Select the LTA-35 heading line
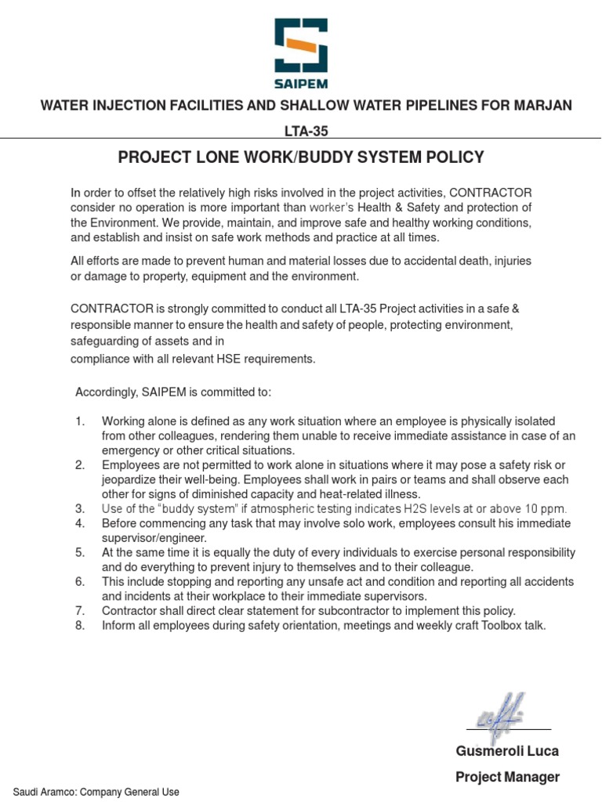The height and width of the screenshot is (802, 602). [x=301, y=131]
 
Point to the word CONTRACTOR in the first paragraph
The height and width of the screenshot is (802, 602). [x=490, y=193]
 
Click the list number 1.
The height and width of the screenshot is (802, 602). [x=80, y=421]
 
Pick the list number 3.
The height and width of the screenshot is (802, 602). [x=80, y=508]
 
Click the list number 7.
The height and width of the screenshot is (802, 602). [x=80, y=610]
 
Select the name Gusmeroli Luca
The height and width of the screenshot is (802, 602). [x=507, y=751]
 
